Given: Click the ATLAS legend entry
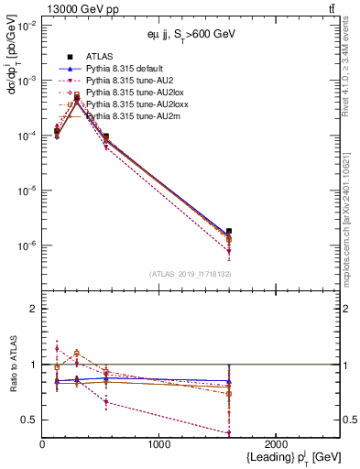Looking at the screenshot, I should [x=98, y=57].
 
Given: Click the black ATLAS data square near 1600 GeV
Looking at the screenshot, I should [x=229, y=232].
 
